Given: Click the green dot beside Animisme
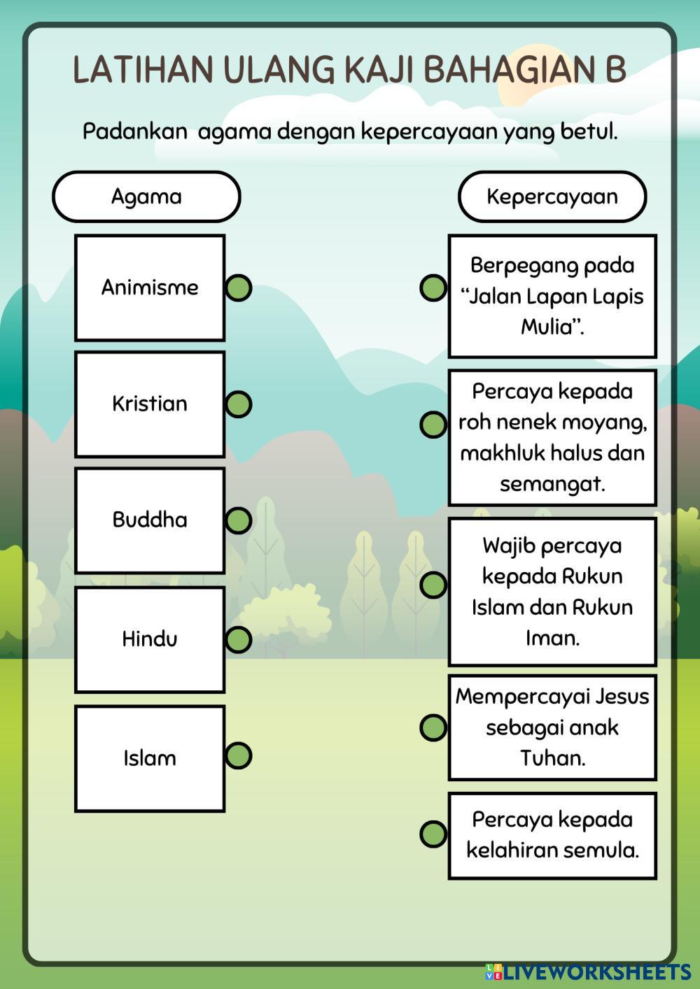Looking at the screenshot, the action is [238, 287].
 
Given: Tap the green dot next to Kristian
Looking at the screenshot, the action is [238, 404].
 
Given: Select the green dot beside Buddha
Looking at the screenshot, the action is [238, 520].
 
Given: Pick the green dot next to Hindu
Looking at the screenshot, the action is [238, 639].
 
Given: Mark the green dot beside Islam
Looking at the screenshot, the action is [238, 755].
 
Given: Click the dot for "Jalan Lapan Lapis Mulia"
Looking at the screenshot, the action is [433, 287].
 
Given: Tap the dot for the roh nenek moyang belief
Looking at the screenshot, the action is [433, 424].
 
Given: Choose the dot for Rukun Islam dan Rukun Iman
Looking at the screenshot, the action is [433, 585].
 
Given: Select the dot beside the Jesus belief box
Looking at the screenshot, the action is [433, 727].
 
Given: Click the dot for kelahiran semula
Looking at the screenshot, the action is [433, 834].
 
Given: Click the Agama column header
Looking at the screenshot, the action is [146, 197].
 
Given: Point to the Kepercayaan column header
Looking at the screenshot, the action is [552, 197].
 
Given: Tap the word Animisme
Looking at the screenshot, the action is [150, 287].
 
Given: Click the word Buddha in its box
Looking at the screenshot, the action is [150, 520].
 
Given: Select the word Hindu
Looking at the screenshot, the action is [150, 639].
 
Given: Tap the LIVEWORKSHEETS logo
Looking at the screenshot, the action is [588, 972].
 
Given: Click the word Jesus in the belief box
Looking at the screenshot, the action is [622, 697].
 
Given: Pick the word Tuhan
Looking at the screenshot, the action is [552, 757].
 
